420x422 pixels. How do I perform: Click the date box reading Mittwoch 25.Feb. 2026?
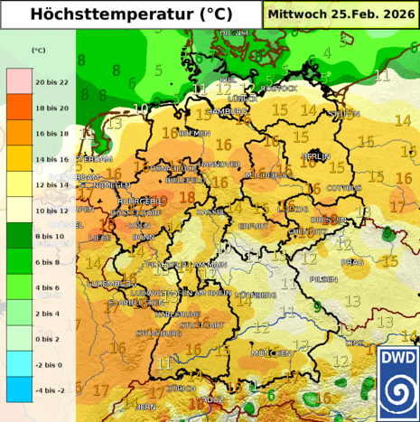(x=341, y=14)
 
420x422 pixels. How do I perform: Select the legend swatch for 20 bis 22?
(x=19, y=81)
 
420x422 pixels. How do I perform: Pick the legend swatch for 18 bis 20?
(x=19, y=107)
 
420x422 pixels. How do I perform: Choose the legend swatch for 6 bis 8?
(x=19, y=261)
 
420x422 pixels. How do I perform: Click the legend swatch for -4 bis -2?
(x=19, y=389)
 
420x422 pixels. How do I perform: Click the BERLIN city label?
(x=316, y=156)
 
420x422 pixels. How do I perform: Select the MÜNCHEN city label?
(x=272, y=352)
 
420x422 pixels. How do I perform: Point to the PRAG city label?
(x=352, y=262)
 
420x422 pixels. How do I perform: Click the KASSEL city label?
(x=209, y=211)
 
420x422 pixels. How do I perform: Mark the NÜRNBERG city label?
(x=256, y=295)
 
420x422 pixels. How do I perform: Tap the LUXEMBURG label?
(x=111, y=283)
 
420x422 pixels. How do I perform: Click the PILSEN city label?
(x=322, y=280)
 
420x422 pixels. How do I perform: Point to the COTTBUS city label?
(x=344, y=188)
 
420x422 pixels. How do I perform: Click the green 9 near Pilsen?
(x=316, y=306)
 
